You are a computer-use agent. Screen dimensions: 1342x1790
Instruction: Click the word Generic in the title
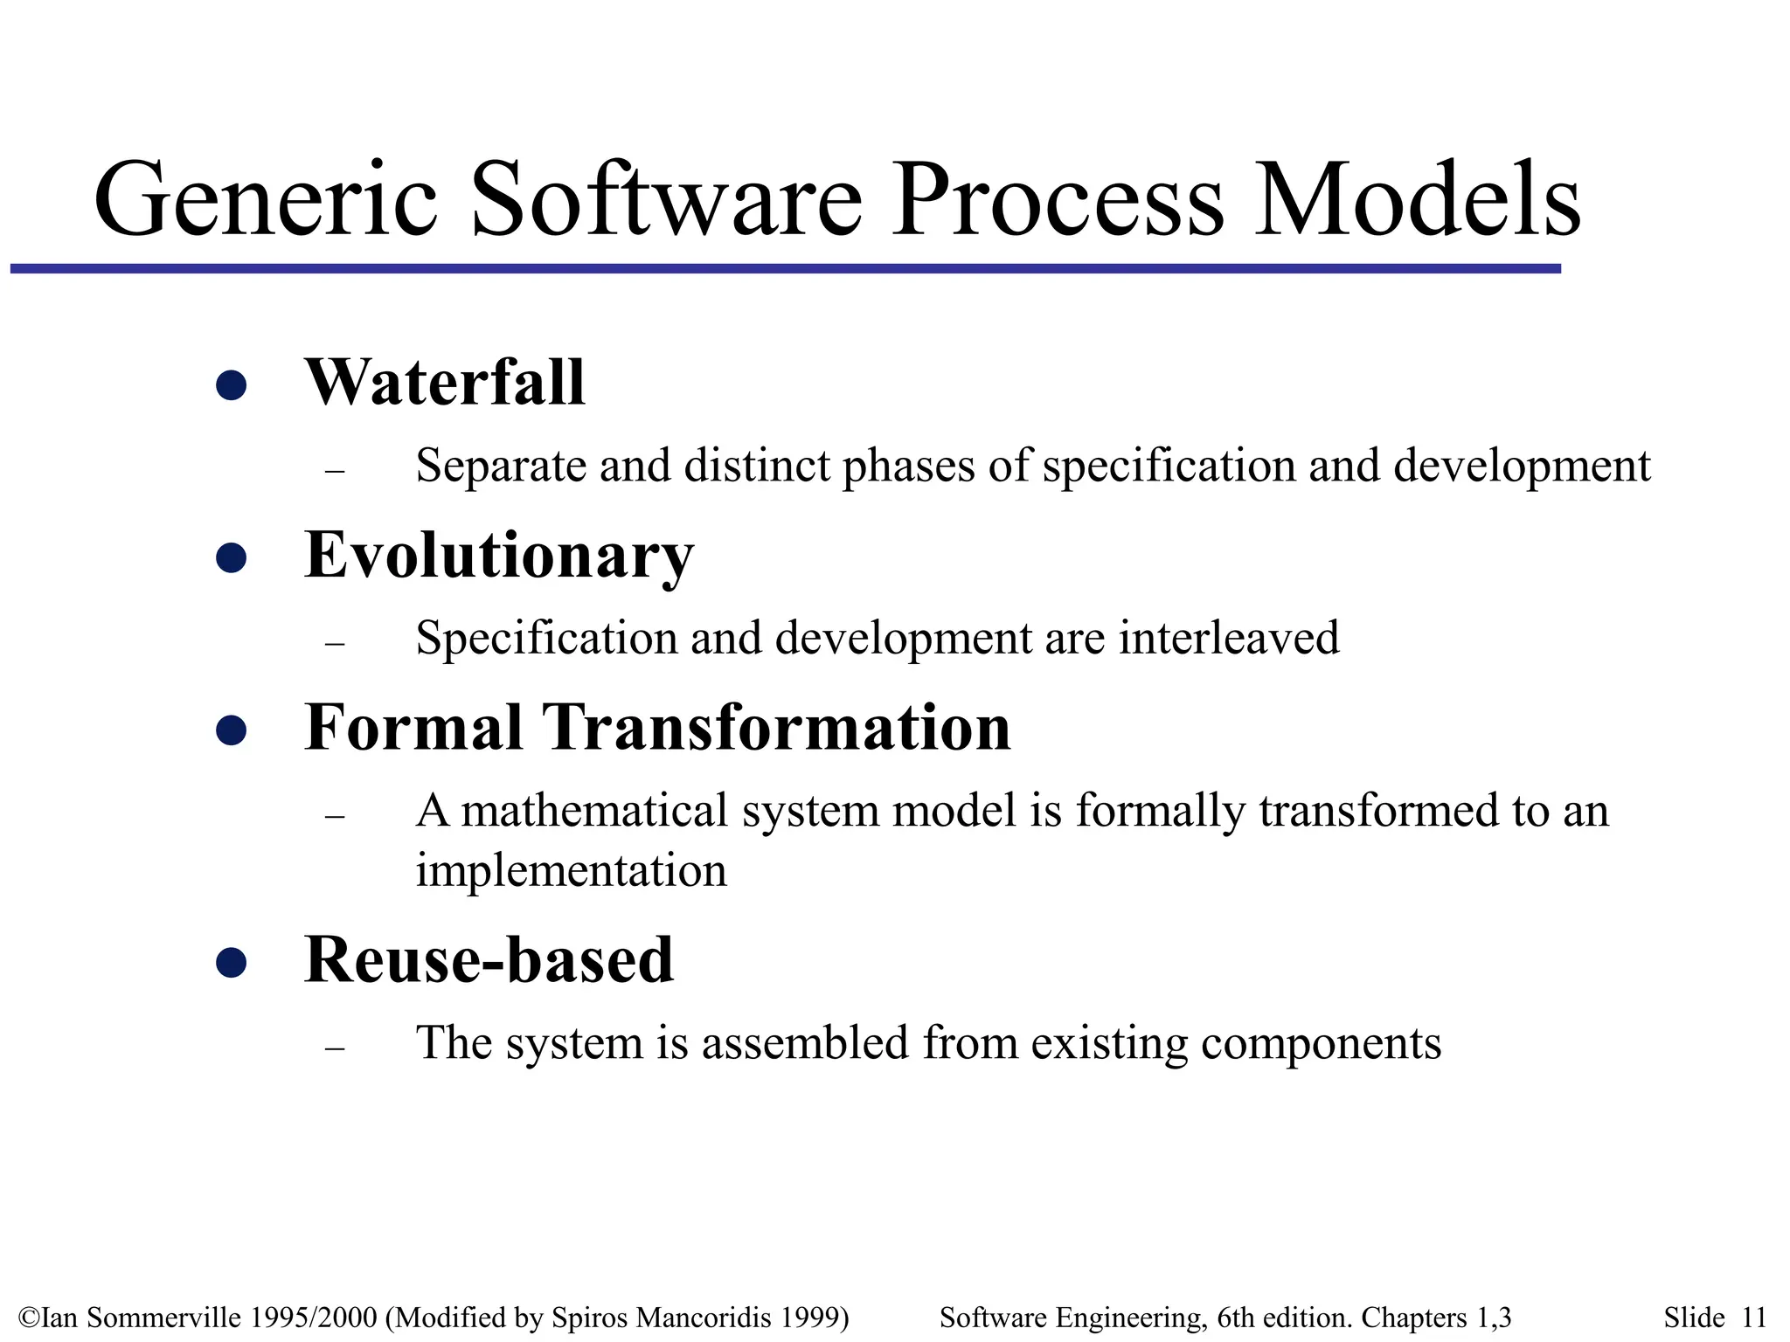click(x=265, y=199)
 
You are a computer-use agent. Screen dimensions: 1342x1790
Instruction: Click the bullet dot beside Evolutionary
click(x=231, y=557)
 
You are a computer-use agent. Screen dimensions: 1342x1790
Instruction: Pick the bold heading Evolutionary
click(x=498, y=556)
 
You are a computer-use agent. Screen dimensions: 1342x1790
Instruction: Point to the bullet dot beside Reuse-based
click(x=231, y=963)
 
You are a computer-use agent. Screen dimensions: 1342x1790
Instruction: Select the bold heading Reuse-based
click(x=489, y=959)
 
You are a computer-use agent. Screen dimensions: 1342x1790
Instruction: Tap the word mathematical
click(x=594, y=810)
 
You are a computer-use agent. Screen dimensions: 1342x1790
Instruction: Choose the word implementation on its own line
click(x=571, y=870)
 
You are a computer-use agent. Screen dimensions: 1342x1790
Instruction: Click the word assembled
click(x=804, y=1042)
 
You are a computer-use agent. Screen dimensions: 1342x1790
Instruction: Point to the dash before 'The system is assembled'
click(x=335, y=1048)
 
